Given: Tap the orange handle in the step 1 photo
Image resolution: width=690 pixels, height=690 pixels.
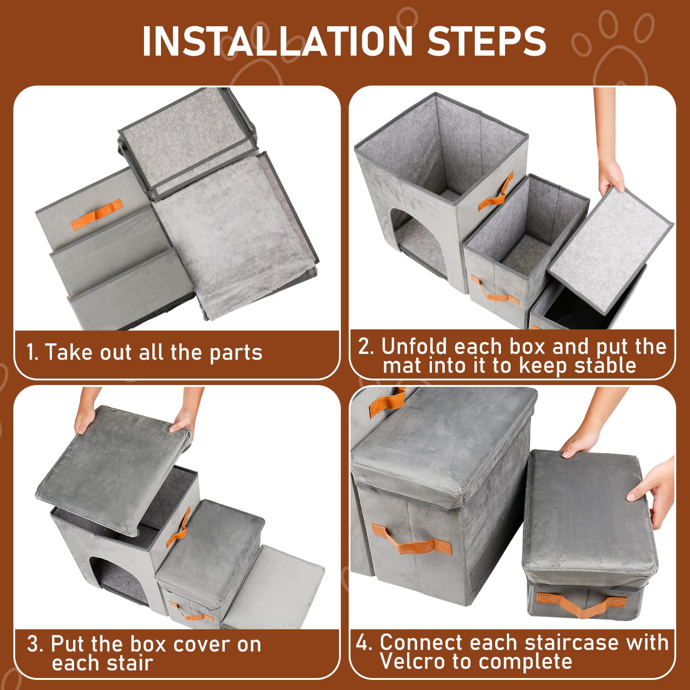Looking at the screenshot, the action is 96,215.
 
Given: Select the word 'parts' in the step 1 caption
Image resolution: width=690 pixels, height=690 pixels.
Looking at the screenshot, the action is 236,353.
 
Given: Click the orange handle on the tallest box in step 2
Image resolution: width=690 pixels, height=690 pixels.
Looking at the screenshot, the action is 495,192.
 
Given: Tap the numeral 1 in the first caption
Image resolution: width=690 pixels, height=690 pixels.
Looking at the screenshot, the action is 30,353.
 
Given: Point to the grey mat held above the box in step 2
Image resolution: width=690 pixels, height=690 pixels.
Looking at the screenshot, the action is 611,243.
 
